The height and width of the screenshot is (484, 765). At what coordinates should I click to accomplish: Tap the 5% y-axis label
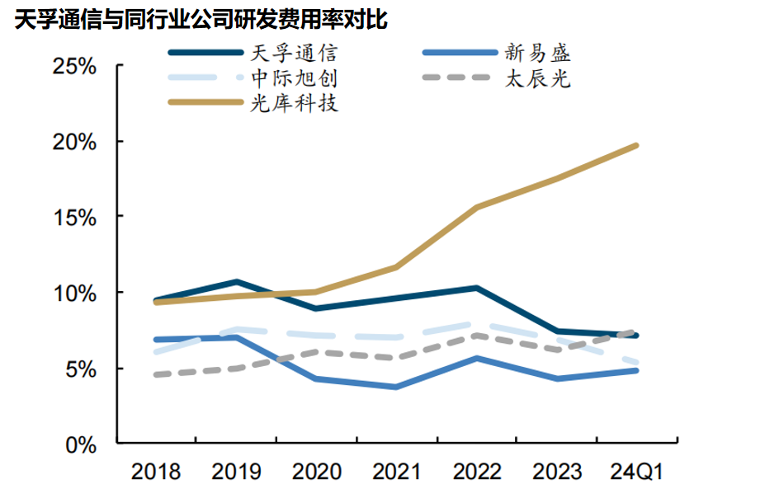point(80,369)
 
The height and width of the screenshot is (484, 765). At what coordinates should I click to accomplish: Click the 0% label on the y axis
point(80,444)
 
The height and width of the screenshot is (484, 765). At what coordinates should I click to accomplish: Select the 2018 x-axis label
point(155,472)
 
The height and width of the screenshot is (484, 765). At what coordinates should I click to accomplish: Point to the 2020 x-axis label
point(316,472)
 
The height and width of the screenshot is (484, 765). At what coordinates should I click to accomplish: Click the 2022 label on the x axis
point(476,472)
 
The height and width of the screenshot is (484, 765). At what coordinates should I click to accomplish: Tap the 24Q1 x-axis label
point(636,472)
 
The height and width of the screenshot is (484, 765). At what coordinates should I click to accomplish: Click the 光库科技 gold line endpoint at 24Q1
point(636,146)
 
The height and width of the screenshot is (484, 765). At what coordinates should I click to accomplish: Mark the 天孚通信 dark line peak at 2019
point(237,282)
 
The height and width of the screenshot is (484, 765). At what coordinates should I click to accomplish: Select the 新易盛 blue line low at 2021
point(396,387)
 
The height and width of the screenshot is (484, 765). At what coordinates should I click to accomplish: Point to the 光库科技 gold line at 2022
point(476,208)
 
